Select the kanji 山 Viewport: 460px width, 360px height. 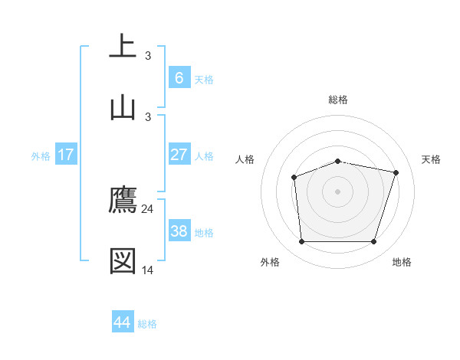[x=123, y=107]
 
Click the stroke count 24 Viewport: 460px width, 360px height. [x=148, y=208]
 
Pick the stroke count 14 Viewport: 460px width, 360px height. [x=148, y=270]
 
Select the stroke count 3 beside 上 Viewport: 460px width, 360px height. [x=148, y=56]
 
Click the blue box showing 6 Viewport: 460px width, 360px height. [x=179, y=77]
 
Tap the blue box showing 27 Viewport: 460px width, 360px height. [x=179, y=155]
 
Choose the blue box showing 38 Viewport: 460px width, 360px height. [x=179, y=231]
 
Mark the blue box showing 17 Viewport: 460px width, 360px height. [x=66, y=155]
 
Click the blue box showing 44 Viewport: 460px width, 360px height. [x=123, y=322]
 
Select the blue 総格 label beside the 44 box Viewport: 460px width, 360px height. [x=147, y=324]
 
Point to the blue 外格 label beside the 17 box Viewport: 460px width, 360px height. [x=41, y=156]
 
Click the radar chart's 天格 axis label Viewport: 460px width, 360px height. [x=431, y=159]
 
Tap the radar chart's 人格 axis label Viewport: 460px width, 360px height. [x=245, y=159]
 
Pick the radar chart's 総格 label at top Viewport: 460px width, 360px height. [x=338, y=100]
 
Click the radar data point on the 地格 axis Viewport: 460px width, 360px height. [x=373, y=242]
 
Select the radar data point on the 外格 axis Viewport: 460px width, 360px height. [x=301, y=242]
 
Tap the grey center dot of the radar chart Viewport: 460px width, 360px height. [x=337, y=191]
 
